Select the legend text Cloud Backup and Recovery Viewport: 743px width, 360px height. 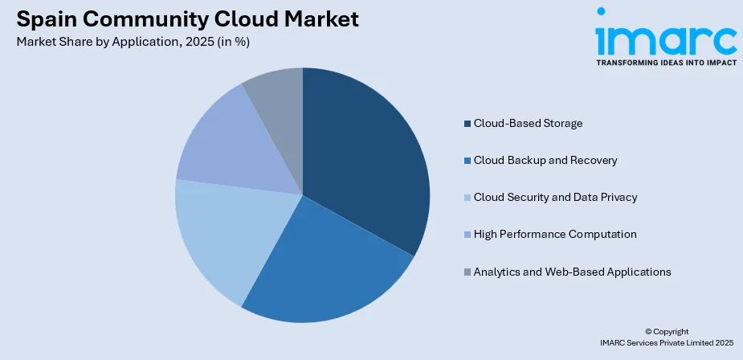[x=545, y=161]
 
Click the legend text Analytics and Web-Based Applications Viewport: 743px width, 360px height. [x=572, y=272]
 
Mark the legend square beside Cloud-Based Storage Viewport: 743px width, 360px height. [x=467, y=124]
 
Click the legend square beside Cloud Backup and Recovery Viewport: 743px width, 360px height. [x=467, y=161]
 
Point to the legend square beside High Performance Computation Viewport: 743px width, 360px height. [x=467, y=235]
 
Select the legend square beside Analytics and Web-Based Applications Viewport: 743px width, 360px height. [x=467, y=272]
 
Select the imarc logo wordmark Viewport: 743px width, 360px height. [x=666, y=35]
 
